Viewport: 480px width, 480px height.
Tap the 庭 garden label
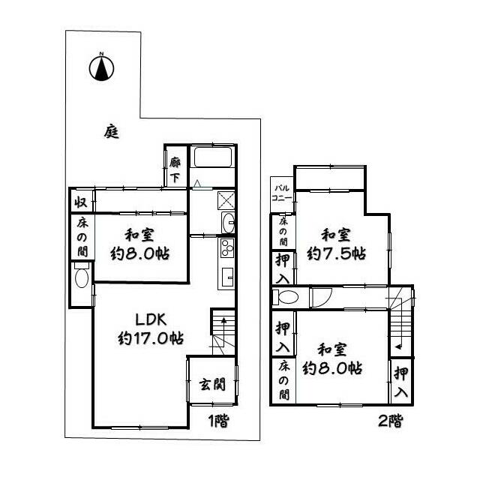pos(112,132)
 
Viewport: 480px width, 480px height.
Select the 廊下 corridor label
pos(175,169)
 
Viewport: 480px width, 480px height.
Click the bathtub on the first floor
pos(213,157)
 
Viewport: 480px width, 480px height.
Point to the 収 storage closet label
pos(81,202)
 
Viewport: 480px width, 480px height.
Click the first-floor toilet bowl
pos(82,278)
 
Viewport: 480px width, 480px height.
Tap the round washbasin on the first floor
pos(228,223)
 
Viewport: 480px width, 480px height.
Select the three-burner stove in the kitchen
pos(227,247)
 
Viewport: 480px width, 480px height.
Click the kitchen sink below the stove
pos(227,277)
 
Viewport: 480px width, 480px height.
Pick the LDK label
pos(151,320)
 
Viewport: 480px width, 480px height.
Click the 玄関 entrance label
pos(212,384)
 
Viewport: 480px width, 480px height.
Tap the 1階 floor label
pos(218,421)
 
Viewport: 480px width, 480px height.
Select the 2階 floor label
pos(390,421)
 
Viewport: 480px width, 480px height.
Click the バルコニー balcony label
pos(282,193)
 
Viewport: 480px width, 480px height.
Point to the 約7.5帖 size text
pos(336,253)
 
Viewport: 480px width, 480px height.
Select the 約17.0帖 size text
pos(151,338)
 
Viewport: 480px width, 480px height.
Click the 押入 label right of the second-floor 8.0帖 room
pos(401,382)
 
